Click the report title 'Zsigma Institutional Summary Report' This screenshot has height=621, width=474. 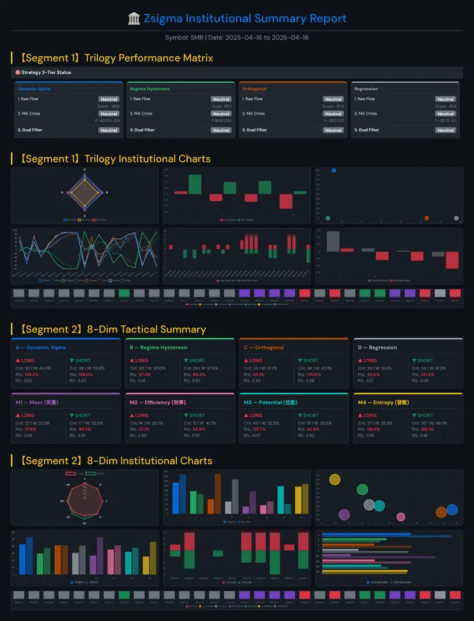[x=245, y=19]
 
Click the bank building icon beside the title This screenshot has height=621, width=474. [x=135, y=19]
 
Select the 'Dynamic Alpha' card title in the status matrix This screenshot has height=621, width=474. [x=34, y=89]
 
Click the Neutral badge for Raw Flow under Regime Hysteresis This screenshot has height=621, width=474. [x=221, y=99]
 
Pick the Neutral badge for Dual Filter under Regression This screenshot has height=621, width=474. [x=445, y=130]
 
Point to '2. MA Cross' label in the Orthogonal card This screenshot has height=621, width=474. [x=252, y=114]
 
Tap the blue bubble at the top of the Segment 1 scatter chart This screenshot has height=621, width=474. [x=334, y=170]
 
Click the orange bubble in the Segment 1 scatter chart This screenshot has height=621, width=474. [x=427, y=218]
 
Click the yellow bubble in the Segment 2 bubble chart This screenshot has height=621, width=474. [x=334, y=479]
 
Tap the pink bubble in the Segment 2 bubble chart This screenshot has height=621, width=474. [x=401, y=517]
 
